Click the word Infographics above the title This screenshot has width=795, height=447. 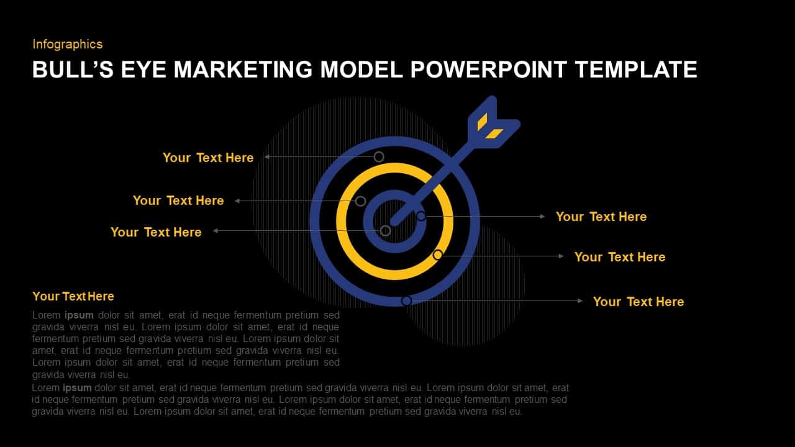(67, 44)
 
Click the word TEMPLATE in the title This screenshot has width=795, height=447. (636, 70)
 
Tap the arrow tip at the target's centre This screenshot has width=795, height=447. (394, 220)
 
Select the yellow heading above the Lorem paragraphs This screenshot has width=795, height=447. (73, 296)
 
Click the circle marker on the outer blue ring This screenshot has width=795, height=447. (406, 300)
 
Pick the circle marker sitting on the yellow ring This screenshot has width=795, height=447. (438, 255)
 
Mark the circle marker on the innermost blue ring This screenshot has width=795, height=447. (421, 216)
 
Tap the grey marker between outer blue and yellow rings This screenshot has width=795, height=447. (379, 156)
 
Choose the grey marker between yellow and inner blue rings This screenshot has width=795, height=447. (360, 201)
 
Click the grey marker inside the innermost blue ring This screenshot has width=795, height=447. (385, 231)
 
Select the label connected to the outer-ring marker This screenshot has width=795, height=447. (638, 302)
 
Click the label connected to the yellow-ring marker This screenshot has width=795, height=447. (619, 257)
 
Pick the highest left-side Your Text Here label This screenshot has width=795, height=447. (208, 158)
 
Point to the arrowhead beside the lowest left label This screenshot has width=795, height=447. (216, 231)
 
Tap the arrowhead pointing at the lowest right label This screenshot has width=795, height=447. (580, 300)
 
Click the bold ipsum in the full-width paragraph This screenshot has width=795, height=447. (78, 387)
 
